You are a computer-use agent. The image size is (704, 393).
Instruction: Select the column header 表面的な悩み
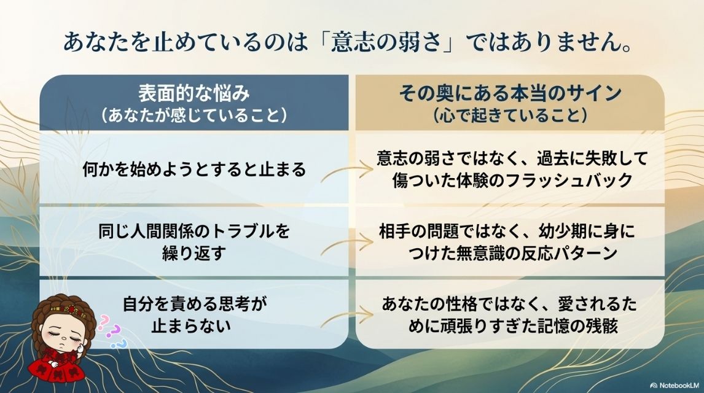tap(194, 94)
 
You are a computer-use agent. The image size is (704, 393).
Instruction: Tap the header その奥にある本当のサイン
tap(510, 94)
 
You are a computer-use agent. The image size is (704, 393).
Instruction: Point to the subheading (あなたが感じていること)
tap(194, 115)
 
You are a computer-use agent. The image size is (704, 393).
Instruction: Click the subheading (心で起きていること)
tap(510, 115)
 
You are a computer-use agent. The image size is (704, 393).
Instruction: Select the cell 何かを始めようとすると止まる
tap(194, 169)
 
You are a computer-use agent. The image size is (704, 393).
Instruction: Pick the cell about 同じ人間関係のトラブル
tap(194, 243)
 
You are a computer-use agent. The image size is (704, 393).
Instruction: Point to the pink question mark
tap(104, 321)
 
